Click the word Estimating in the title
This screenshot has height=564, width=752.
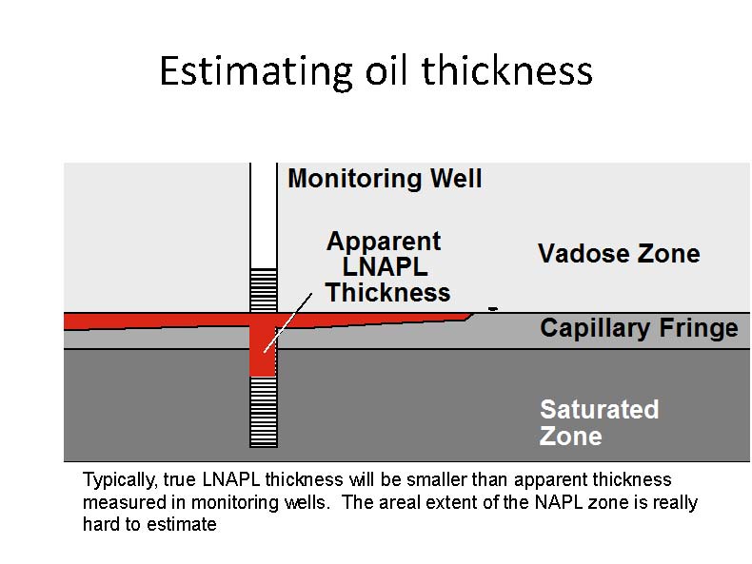(257, 72)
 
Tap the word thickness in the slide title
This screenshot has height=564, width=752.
(507, 70)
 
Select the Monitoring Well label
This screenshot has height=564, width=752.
(385, 178)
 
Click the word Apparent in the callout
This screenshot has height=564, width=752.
(384, 241)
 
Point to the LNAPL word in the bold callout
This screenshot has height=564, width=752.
(385, 266)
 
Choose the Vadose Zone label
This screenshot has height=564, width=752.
(619, 253)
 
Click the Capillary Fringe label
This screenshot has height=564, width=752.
(640, 328)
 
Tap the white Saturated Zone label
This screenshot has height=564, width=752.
(600, 422)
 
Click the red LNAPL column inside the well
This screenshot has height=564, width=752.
(263, 345)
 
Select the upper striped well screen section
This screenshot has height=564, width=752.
(264, 290)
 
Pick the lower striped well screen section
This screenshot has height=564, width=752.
(264, 412)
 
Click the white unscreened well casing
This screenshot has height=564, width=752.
(264, 216)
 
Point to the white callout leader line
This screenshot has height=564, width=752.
(287, 323)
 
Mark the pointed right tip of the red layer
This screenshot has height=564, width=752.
(474, 314)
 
